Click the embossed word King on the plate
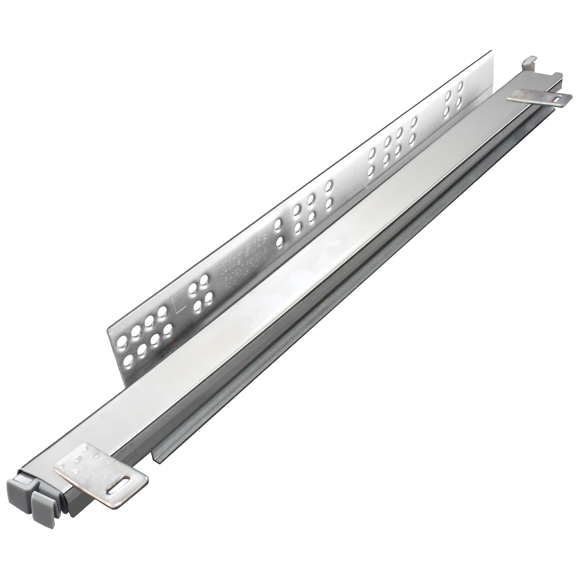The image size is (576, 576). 230,264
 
